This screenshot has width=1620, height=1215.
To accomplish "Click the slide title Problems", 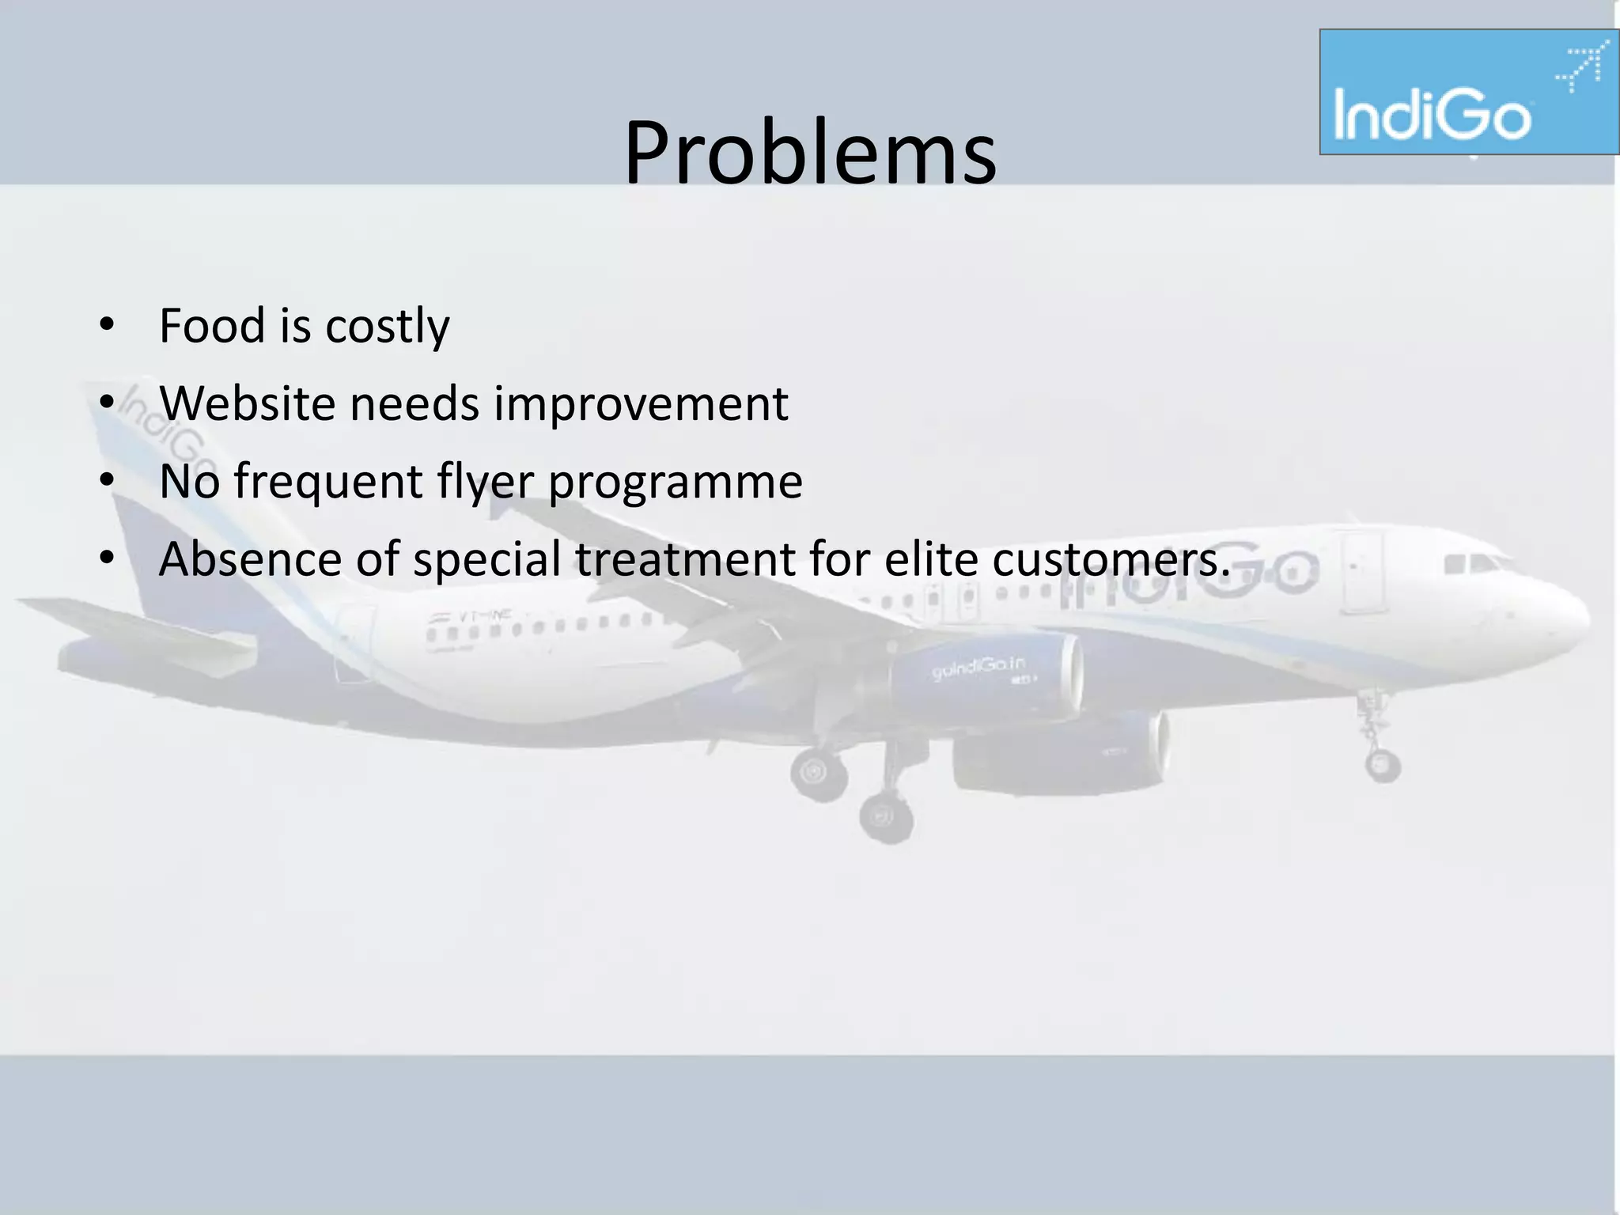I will tap(810, 152).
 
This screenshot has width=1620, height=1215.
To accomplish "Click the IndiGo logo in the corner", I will tap(1468, 92).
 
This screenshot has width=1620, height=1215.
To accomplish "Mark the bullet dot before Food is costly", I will tap(107, 325).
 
